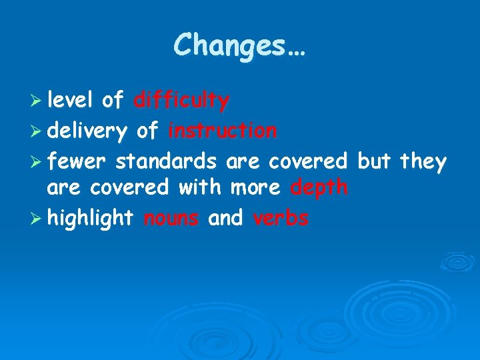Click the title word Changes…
pyautogui.click(x=239, y=46)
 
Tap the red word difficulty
pyautogui.click(x=181, y=101)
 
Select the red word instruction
pyautogui.click(x=222, y=131)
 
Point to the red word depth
pyautogui.click(x=319, y=189)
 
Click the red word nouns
pyautogui.click(x=171, y=218)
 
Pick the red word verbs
pyautogui.click(x=281, y=218)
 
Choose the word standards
pyautogui.click(x=165, y=160)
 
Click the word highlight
pyautogui.click(x=91, y=218)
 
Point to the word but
pyautogui.click(x=374, y=160)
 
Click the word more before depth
pyautogui.click(x=255, y=189)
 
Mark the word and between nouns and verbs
pyautogui.click(x=226, y=218)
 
